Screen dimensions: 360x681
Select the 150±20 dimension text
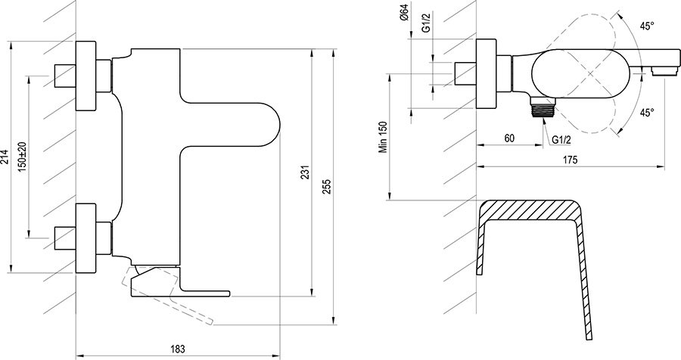pos(22,157)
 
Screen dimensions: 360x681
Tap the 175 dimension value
pos(571,159)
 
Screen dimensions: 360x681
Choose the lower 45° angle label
pos(646,113)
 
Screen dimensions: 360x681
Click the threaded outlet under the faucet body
pos(542,108)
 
